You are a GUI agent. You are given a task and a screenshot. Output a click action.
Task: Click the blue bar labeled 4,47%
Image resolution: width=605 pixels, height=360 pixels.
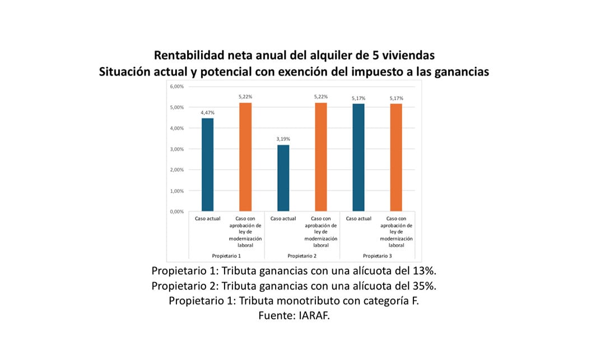tap(207, 165)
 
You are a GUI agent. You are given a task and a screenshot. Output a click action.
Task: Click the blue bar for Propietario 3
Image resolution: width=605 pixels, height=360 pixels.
tap(358, 158)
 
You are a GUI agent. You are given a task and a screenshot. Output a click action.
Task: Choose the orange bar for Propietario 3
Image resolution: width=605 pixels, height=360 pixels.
tap(396, 158)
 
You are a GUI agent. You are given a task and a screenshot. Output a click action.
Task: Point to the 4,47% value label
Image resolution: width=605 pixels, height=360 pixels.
tap(207, 113)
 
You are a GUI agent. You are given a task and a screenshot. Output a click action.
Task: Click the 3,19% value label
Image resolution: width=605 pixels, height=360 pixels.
tap(283, 139)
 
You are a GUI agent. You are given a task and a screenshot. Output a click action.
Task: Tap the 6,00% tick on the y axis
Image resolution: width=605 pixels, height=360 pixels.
tap(176, 87)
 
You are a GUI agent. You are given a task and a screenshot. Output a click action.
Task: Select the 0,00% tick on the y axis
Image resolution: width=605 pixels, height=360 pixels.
tap(176, 212)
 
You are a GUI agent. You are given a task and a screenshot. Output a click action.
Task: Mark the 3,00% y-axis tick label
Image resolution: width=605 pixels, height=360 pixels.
tap(176, 149)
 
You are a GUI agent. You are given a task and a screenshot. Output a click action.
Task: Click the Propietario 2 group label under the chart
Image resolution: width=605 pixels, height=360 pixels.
tap(302, 255)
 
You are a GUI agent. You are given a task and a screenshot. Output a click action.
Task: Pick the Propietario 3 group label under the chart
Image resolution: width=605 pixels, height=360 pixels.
tap(377, 255)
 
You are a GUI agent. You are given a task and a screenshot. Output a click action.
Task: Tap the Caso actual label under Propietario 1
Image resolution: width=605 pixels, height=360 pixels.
tap(207, 218)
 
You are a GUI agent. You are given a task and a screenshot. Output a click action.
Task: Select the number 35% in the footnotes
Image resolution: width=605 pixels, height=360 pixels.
tap(424, 286)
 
